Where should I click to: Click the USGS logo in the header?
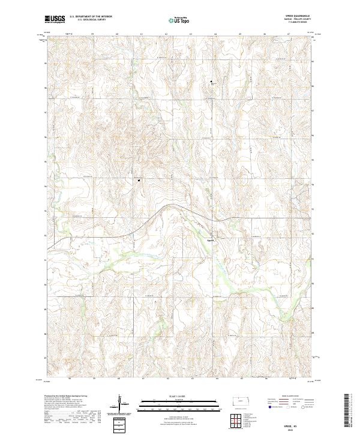coord(55,19)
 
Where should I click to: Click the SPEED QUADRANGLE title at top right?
coord(302,16)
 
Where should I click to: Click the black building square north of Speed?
coord(211,82)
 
